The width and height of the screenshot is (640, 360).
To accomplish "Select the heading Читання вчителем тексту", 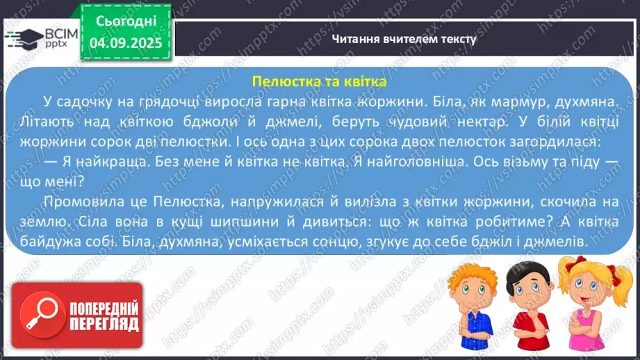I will tap(404, 39).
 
